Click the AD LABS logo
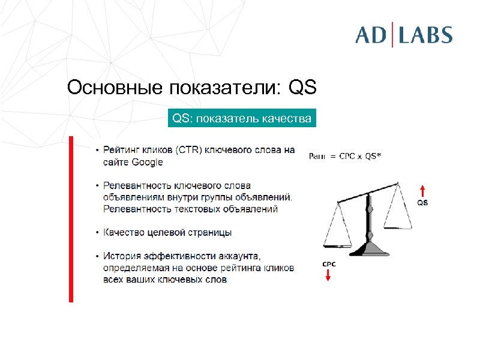click(x=403, y=34)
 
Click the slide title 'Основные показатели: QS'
click(x=191, y=88)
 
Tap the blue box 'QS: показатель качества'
click(x=242, y=119)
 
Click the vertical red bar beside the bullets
click(x=71, y=219)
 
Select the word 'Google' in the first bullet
click(x=147, y=162)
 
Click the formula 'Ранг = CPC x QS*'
click(x=344, y=156)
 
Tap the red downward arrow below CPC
click(x=329, y=275)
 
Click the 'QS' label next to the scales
click(x=422, y=203)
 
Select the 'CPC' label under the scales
click(x=329, y=264)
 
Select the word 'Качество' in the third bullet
click(x=122, y=232)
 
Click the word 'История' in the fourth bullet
click(x=120, y=256)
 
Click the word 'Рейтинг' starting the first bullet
click(x=120, y=150)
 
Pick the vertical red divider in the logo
click(x=393, y=34)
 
